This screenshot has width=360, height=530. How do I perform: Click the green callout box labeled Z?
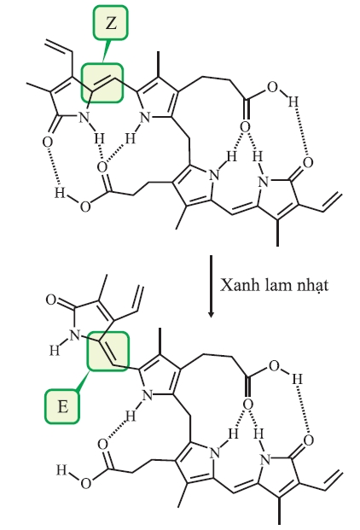(x=111, y=23)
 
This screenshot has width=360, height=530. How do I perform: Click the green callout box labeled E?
(x=62, y=406)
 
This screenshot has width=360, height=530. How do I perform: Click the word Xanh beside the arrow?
(x=236, y=285)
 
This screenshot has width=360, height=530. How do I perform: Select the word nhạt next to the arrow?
(x=312, y=286)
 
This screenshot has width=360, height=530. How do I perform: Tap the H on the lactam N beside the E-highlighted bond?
(x=55, y=351)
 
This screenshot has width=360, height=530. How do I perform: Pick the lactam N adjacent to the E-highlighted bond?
(x=75, y=335)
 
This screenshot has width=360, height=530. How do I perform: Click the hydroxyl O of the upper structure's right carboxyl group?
(x=272, y=87)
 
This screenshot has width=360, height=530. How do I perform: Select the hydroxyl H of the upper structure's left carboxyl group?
(x=60, y=193)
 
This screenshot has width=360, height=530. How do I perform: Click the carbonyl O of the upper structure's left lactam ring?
(x=47, y=142)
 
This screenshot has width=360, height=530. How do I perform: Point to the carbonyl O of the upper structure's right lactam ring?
(x=308, y=162)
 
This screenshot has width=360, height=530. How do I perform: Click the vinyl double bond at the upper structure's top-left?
(x=59, y=47)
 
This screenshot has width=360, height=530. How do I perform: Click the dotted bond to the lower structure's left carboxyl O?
(x=115, y=434)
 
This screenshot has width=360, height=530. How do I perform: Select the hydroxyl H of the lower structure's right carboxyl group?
(x=297, y=379)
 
